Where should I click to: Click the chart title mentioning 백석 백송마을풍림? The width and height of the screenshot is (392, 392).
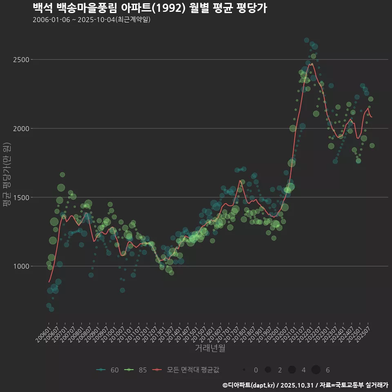click(149, 8)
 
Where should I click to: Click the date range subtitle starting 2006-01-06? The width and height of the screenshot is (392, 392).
click(91, 20)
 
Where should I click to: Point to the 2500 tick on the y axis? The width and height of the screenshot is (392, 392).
click(22, 60)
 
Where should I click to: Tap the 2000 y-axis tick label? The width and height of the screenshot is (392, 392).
click(22, 129)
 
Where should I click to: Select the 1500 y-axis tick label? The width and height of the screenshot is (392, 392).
click(22, 198)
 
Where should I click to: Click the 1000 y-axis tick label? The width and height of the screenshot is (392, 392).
click(22, 267)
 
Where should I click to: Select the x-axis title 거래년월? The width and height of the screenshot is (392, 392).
click(210, 348)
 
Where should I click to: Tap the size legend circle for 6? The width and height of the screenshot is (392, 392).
click(316, 370)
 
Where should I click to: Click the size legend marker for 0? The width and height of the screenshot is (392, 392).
click(244, 370)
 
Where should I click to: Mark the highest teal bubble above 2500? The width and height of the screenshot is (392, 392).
click(307, 40)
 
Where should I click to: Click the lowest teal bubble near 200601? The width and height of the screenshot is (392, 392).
click(51, 309)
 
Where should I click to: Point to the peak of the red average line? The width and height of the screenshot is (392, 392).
click(312, 63)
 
